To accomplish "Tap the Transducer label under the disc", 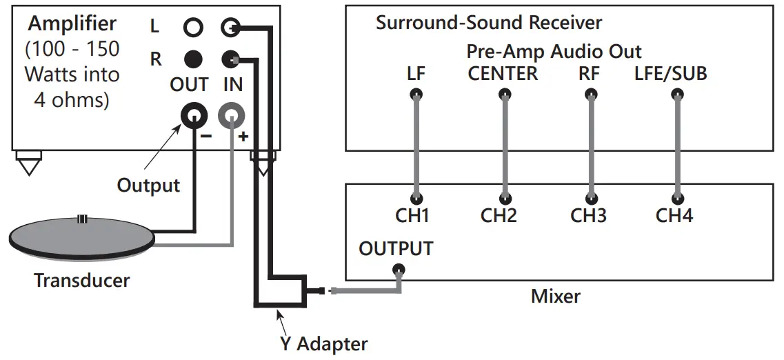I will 82,280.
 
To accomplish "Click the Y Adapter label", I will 323,343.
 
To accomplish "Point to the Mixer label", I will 555,297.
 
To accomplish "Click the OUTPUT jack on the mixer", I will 398,270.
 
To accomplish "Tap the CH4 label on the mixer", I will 674,216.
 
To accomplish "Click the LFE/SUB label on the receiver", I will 670,74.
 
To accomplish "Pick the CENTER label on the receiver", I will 503,74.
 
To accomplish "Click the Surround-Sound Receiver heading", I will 488,23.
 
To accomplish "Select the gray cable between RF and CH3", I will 590,145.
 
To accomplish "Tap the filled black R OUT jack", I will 193,59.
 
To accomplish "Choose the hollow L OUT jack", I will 193,28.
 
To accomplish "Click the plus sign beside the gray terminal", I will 243,137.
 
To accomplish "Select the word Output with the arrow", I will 148,185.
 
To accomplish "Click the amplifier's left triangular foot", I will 28,166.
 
